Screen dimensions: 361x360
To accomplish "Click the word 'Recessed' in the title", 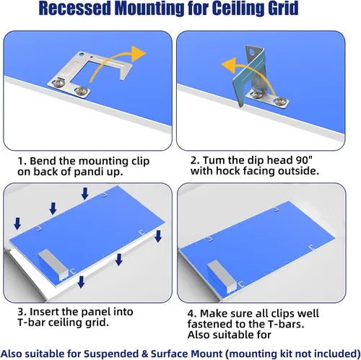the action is [x=74, y=8].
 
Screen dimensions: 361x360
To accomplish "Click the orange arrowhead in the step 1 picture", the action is [x=139, y=53].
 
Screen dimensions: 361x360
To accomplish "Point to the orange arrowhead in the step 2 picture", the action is [x=229, y=65].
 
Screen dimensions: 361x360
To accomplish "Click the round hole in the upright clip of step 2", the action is [x=252, y=52].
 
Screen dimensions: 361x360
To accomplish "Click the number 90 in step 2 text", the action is [x=300, y=160].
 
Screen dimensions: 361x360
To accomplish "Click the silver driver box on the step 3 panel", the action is [x=52, y=265].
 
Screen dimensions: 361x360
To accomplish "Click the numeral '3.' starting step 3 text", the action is [x=22, y=312].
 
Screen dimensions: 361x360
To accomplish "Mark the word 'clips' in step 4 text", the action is [x=279, y=314].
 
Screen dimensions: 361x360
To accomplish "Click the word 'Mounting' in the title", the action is [x=149, y=9].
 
